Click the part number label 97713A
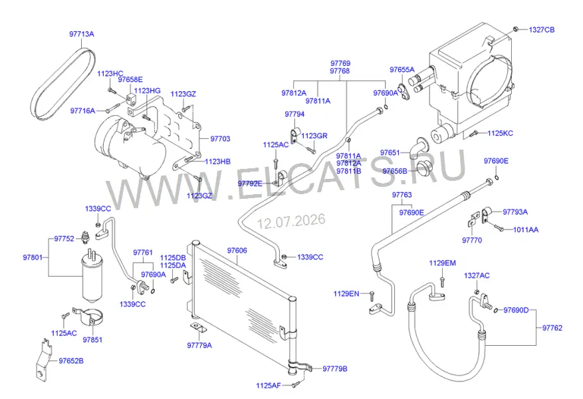pos(81,34)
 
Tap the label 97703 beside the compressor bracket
pos(220,139)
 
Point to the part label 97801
pos(33,257)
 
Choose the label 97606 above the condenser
pos(237,251)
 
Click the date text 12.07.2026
pos(291,221)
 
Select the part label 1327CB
pos(541,30)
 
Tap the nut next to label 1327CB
pos(515,29)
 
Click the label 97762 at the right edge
pos(552,328)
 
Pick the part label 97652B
pos(71,361)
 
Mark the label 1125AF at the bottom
pos(269,386)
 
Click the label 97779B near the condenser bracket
pos(334,369)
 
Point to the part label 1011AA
pos(526,230)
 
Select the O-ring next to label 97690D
pos(497,310)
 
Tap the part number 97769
pos(340,64)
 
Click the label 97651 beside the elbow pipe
pos(390,153)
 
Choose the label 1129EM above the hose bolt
pos(442,263)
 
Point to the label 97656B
pos(395,172)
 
